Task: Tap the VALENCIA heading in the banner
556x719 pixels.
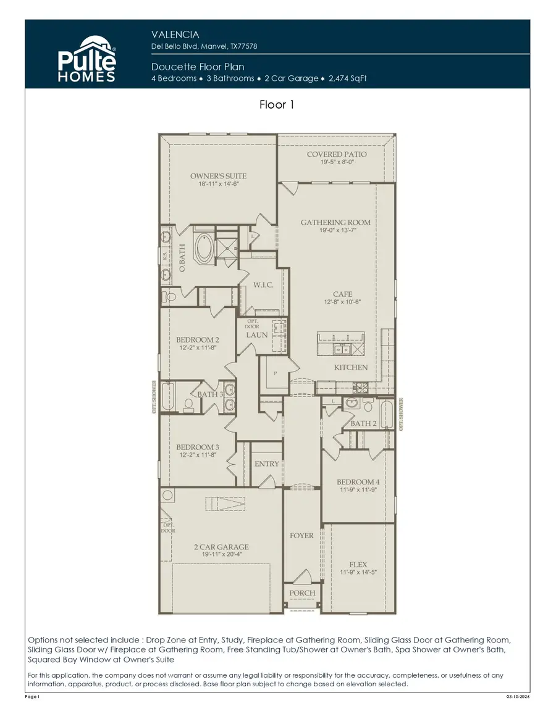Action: tap(175, 35)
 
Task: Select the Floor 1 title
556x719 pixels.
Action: tap(277, 104)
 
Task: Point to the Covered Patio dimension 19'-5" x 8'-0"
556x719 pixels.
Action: tap(337, 162)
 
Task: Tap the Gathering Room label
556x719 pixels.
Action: tap(335, 222)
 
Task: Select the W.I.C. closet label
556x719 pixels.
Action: tap(263, 285)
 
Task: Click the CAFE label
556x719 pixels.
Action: tap(342, 294)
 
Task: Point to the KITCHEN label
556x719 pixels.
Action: tap(351, 367)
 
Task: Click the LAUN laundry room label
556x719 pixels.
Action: tap(257, 335)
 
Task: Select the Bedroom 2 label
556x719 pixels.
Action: tap(197, 339)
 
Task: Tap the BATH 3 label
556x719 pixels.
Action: tap(210, 394)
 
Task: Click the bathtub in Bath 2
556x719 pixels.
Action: tap(386, 414)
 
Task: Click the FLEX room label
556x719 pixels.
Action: tap(358, 564)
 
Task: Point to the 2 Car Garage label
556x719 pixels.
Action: tap(221, 547)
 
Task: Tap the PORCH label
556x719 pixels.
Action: tap(302, 593)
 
